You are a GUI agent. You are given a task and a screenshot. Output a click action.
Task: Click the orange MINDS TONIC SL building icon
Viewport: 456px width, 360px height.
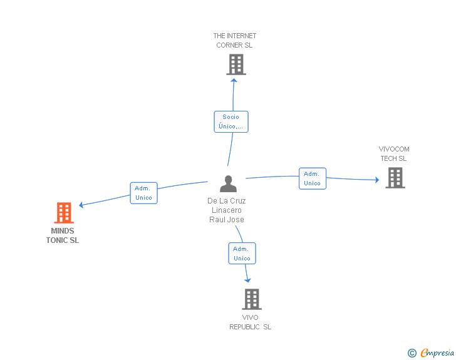64,213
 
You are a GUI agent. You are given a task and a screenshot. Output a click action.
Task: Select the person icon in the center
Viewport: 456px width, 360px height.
228,184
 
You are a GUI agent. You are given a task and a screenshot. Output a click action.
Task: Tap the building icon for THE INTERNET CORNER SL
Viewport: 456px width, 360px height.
236,64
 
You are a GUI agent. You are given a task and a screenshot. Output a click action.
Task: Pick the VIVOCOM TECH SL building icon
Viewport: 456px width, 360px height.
395,178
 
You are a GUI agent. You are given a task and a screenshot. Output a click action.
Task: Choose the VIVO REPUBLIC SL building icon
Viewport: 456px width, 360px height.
252,299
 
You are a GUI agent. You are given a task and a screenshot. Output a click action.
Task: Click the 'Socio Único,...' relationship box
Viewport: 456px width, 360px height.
231,121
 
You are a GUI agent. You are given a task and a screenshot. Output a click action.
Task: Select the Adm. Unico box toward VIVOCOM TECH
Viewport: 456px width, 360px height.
313,178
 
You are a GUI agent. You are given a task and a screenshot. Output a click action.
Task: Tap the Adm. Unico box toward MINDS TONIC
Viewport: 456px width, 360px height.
143,193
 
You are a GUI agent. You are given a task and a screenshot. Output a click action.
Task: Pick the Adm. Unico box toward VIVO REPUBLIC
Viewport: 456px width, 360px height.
242,254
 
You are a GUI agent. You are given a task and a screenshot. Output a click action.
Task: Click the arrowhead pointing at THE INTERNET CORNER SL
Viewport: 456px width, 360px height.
234,81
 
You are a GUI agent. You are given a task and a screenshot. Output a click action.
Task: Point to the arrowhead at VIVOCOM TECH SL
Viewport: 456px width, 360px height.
377,180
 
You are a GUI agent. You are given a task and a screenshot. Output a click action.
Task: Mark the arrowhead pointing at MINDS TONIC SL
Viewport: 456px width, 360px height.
81,205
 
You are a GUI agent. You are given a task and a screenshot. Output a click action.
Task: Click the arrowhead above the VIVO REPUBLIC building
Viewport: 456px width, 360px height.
247,280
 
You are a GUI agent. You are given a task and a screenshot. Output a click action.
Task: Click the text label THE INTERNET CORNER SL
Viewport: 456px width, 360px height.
235,41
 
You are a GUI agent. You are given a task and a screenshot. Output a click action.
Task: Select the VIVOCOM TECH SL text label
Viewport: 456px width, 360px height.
394,154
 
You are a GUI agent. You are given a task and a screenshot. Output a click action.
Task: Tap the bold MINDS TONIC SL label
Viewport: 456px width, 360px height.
63,235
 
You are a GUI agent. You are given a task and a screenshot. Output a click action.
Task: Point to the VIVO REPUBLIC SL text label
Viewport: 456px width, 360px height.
251,322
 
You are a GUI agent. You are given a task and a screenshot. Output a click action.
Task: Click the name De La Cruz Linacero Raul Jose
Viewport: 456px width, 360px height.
227,210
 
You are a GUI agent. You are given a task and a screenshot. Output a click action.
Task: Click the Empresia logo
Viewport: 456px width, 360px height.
437,352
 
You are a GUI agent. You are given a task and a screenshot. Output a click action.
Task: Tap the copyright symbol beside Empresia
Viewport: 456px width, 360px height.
412,353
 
